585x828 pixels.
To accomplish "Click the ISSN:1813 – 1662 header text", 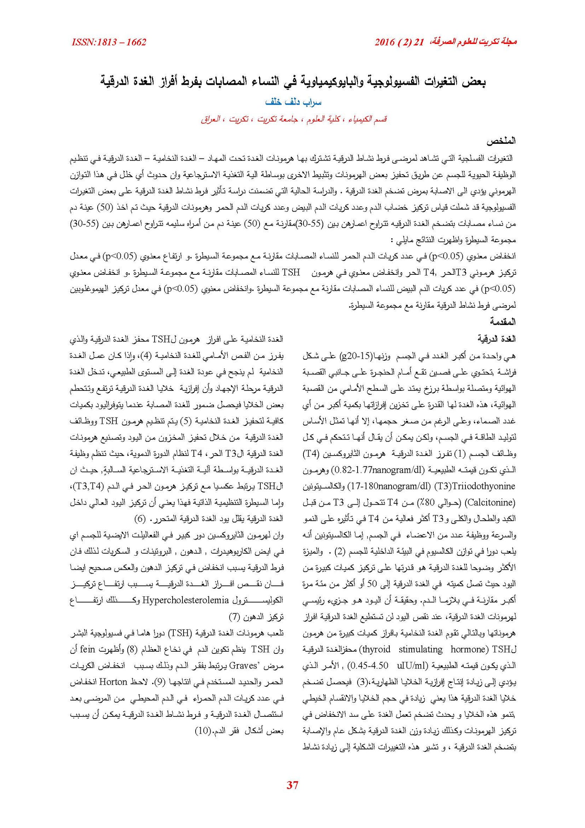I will click(x=109, y=42).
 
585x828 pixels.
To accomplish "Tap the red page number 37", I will click(x=292, y=784).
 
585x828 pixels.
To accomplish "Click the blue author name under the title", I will click(x=293, y=102).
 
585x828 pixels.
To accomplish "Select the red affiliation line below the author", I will click(x=293, y=119).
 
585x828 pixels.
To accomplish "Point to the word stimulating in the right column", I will click(x=420, y=649).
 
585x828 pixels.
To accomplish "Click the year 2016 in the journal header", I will click(x=384, y=42).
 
